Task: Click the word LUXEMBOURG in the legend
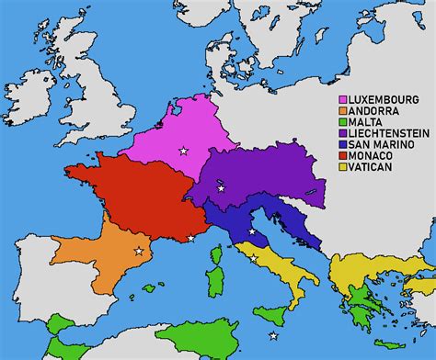click(x=380, y=100)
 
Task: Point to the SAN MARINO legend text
click(x=379, y=145)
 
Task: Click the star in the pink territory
click(x=183, y=151)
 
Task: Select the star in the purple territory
click(x=221, y=189)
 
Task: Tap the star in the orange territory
click(x=139, y=251)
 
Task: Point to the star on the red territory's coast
click(x=190, y=239)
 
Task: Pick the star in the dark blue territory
click(x=251, y=231)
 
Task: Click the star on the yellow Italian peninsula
click(x=253, y=258)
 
